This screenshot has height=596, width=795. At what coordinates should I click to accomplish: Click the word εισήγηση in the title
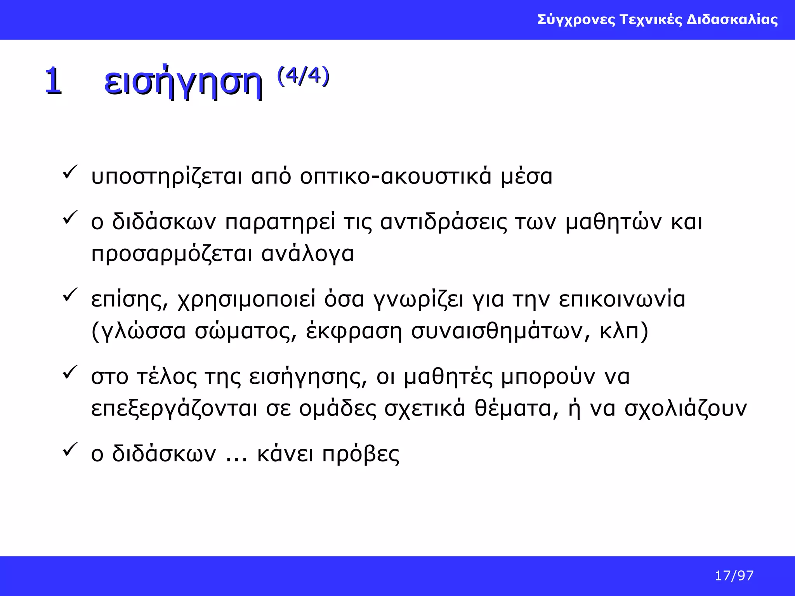tap(183, 82)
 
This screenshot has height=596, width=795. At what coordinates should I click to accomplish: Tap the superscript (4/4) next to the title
tap(303, 76)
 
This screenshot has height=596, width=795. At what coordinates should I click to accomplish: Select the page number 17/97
tap(734, 575)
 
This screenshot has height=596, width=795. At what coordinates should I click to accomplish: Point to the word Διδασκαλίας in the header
tap(732, 19)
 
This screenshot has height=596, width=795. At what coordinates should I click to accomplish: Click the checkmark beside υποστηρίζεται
tap(70, 172)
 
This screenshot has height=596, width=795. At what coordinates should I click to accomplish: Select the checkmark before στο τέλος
tap(70, 372)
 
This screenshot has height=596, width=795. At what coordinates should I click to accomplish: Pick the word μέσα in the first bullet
tap(526, 177)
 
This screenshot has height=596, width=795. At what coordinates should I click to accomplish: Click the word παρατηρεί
tap(280, 222)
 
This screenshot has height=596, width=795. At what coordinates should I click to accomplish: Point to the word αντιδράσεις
tap(443, 222)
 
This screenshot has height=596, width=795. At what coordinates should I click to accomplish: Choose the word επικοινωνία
tap(622, 300)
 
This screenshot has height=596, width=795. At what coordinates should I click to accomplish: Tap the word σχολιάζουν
tap(686, 409)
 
